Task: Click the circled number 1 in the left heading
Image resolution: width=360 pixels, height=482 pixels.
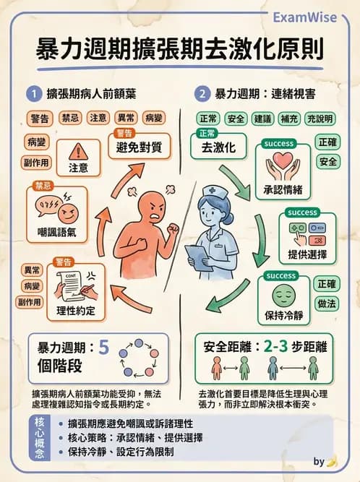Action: pos(33,94)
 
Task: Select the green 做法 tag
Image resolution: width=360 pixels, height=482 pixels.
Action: pos(327,304)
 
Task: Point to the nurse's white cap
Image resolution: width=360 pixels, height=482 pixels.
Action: pos(211,191)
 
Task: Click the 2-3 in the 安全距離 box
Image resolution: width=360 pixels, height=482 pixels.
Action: pos(278,347)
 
